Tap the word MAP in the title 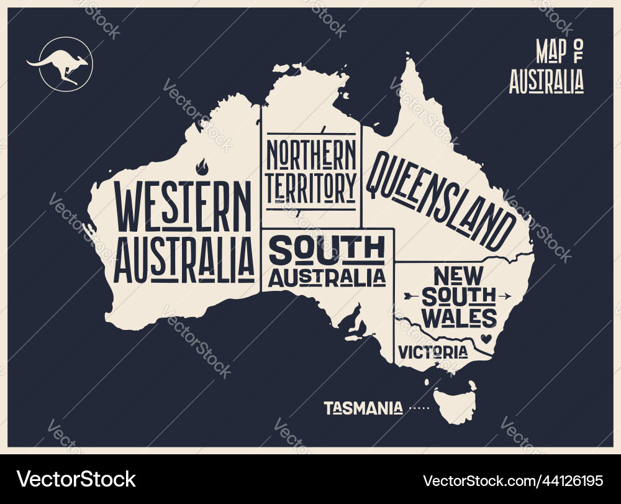551,52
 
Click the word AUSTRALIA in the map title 546,81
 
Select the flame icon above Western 201,167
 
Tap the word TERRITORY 311,185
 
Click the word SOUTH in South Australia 327,250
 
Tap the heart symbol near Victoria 486,339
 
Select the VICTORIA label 433,352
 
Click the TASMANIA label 363,408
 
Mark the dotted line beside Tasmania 419,408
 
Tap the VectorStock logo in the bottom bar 76,479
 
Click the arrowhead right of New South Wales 507,295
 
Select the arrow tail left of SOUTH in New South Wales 410,295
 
